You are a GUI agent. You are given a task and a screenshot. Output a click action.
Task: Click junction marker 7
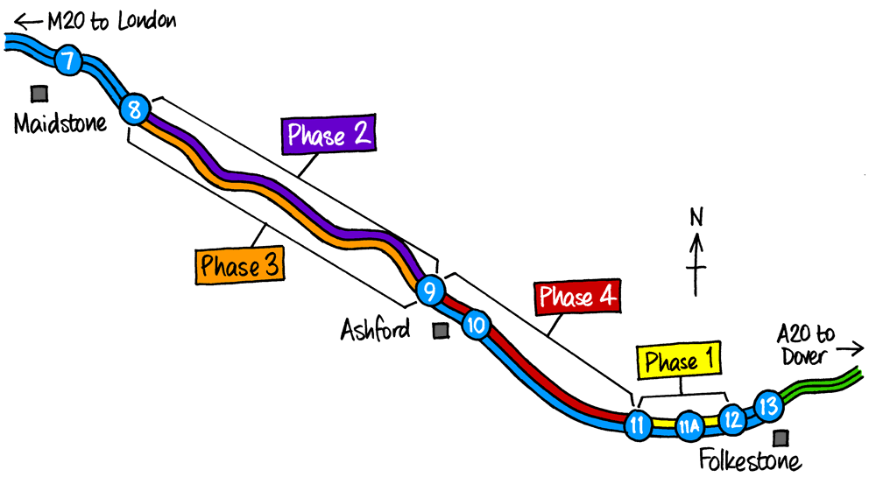point(67,61)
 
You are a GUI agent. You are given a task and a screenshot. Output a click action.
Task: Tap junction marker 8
point(134,109)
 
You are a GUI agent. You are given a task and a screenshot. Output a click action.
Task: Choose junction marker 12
point(732,419)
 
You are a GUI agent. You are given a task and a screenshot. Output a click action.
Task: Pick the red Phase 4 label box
point(577,298)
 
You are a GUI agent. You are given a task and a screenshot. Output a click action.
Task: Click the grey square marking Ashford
point(441,331)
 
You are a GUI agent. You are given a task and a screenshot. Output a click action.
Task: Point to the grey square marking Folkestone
point(778,438)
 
